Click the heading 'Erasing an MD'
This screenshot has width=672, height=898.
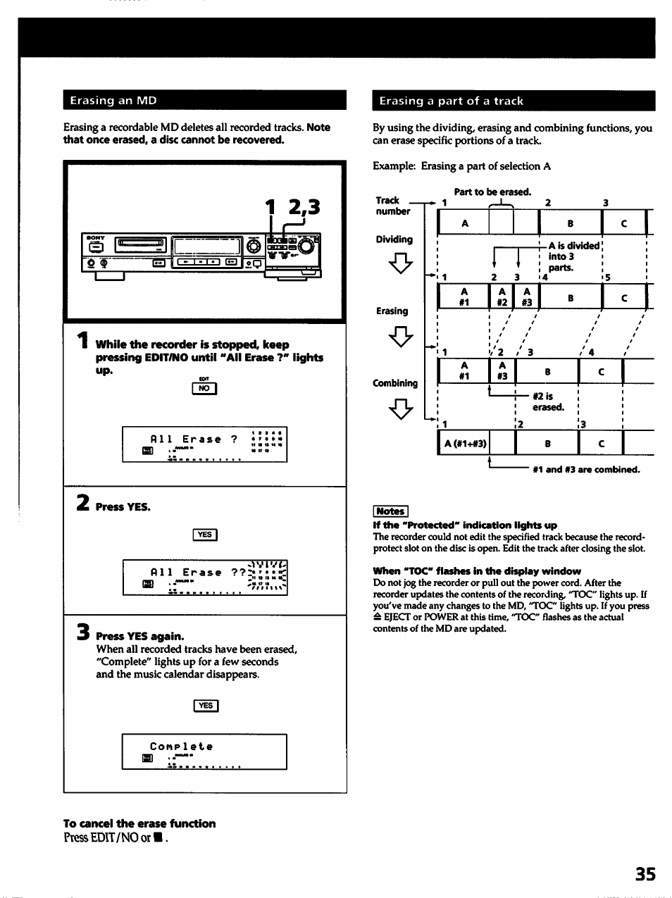tap(113, 101)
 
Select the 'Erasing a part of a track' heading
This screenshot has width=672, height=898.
tap(451, 101)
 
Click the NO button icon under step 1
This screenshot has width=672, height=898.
tap(204, 388)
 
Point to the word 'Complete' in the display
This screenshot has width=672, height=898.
tap(181, 747)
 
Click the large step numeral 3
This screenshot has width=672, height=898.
tap(82, 633)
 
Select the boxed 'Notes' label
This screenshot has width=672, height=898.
tap(390, 511)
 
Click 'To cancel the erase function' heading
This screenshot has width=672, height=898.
tap(139, 823)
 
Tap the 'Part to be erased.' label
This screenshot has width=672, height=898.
tap(492, 192)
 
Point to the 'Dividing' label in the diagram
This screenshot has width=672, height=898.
tap(394, 239)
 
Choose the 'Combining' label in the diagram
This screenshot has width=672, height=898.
tap(395, 383)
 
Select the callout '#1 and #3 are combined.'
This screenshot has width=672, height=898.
tap(586, 469)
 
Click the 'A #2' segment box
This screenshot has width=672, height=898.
tap(502, 297)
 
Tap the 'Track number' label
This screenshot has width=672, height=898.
tap(392, 206)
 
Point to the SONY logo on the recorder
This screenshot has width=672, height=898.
tap(95, 237)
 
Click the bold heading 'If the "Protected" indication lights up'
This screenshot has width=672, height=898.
tap(464, 525)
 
